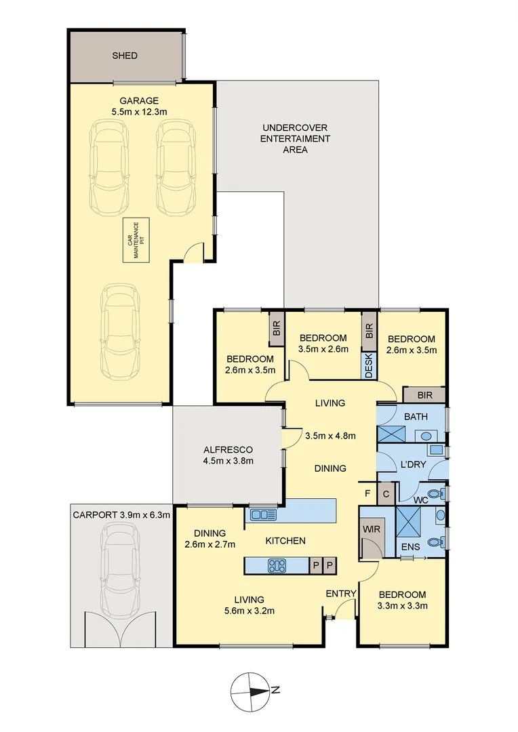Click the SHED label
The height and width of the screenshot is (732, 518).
[x=124, y=55]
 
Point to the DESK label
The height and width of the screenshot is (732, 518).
[x=369, y=366]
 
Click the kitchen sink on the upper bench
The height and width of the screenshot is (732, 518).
[x=262, y=514]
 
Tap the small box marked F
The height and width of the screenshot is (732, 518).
[x=367, y=493]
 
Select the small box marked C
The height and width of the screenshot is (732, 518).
[x=385, y=493]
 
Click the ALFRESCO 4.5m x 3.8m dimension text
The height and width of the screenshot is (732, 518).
[x=228, y=462]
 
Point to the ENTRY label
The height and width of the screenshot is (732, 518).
[x=340, y=594]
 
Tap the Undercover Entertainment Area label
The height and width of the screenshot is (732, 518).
[x=296, y=138]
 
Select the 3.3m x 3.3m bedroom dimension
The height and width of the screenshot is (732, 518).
[x=403, y=606]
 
